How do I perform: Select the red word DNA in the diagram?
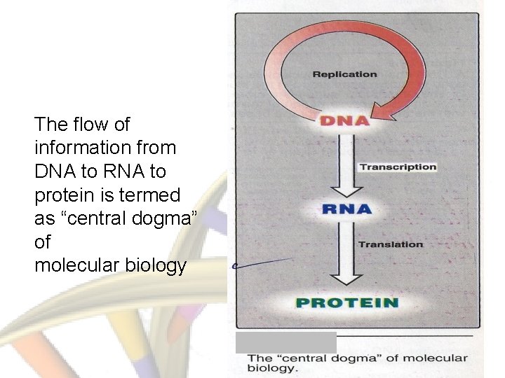coord(344,120)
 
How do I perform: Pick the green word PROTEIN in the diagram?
coord(346,303)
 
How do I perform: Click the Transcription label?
coord(398,167)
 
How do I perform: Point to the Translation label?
coord(391,244)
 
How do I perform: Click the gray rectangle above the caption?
coord(285,342)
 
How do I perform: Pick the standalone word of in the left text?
coord(43,243)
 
